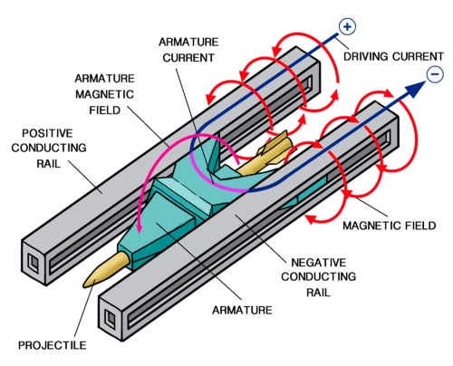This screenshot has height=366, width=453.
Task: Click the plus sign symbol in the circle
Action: click(x=347, y=26)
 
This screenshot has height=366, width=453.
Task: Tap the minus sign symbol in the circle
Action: click(x=435, y=74)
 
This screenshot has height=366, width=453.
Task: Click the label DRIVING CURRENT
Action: click(x=393, y=56)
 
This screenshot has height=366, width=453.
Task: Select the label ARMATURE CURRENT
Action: click(x=188, y=50)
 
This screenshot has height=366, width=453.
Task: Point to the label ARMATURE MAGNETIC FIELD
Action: click(x=104, y=94)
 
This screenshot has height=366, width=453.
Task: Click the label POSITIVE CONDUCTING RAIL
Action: click(x=49, y=148)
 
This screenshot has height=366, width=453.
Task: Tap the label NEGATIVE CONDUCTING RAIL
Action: click(x=318, y=277)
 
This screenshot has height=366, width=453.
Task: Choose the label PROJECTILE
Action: click(x=52, y=345)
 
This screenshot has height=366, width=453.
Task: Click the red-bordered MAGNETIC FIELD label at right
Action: click(x=390, y=226)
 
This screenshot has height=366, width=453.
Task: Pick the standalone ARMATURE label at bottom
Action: click(x=242, y=310)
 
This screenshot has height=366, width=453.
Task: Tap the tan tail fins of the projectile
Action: click(x=274, y=148)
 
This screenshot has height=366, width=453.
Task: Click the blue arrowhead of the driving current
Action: click(x=415, y=90)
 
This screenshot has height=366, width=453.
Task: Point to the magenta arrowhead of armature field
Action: click(x=139, y=227)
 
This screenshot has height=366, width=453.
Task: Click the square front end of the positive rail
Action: click(x=34, y=262)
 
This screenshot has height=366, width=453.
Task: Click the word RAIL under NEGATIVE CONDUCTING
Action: click(x=318, y=293)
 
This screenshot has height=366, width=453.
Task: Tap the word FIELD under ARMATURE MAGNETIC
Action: click(x=105, y=111)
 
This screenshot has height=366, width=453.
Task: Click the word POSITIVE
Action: click(x=47, y=133)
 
